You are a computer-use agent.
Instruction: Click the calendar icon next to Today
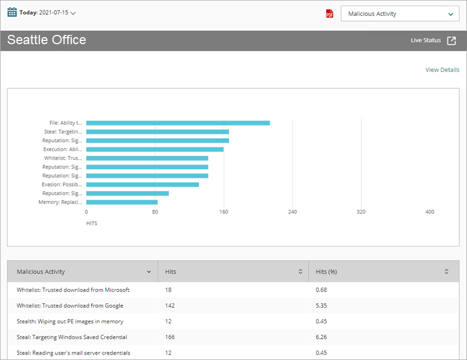click(x=12, y=12)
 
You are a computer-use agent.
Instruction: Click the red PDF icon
click(x=330, y=14)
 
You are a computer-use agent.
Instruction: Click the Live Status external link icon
click(x=451, y=40)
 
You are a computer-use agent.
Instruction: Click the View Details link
click(x=442, y=70)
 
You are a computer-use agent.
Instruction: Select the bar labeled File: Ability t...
click(x=178, y=123)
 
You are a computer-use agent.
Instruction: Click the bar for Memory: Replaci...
click(x=122, y=202)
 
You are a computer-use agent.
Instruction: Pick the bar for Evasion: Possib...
click(x=142, y=184)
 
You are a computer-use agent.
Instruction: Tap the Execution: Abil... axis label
click(x=63, y=149)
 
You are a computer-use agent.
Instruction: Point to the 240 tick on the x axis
click(x=292, y=212)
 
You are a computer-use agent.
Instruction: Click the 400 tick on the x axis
click(x=430, y=212)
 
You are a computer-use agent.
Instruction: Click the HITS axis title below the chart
click(x=92, y=224)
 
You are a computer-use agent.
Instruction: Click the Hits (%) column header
click(x=326, y=272)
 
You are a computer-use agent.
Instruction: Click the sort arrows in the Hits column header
click(x=300, y=272)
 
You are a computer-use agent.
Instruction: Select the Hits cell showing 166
click(x=170, y=337)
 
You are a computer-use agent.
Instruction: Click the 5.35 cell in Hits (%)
click(x=321, y=305)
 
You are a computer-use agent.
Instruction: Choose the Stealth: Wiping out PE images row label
click(x=70, y=321)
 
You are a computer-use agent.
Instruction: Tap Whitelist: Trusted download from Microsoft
click(x=73, y=290)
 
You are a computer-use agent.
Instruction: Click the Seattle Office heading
click(x=46, y=40)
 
